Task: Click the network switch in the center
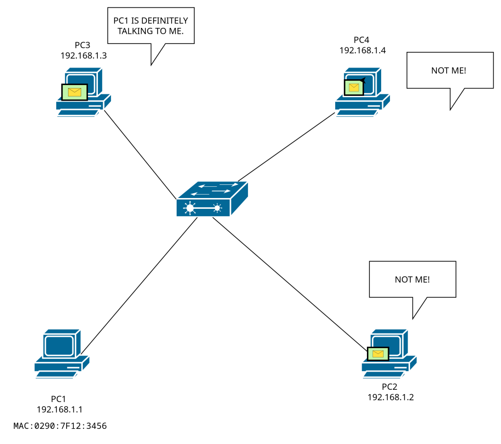click(212, 199)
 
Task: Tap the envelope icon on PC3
click(74, 92)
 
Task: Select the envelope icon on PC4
click(354, 88)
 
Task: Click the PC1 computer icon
click(62, 352)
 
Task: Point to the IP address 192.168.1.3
click(84, 55)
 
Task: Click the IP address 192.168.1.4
click(363, 50)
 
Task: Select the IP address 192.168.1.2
click(390, 397)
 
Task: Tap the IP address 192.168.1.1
click(63, 409)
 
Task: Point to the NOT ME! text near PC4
click(448, 71)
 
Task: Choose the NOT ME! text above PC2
click(412, 280)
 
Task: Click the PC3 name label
click(83, 45)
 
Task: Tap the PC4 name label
click(363, 40)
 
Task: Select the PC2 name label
click(390, 387)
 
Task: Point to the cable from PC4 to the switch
click(286, 146)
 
